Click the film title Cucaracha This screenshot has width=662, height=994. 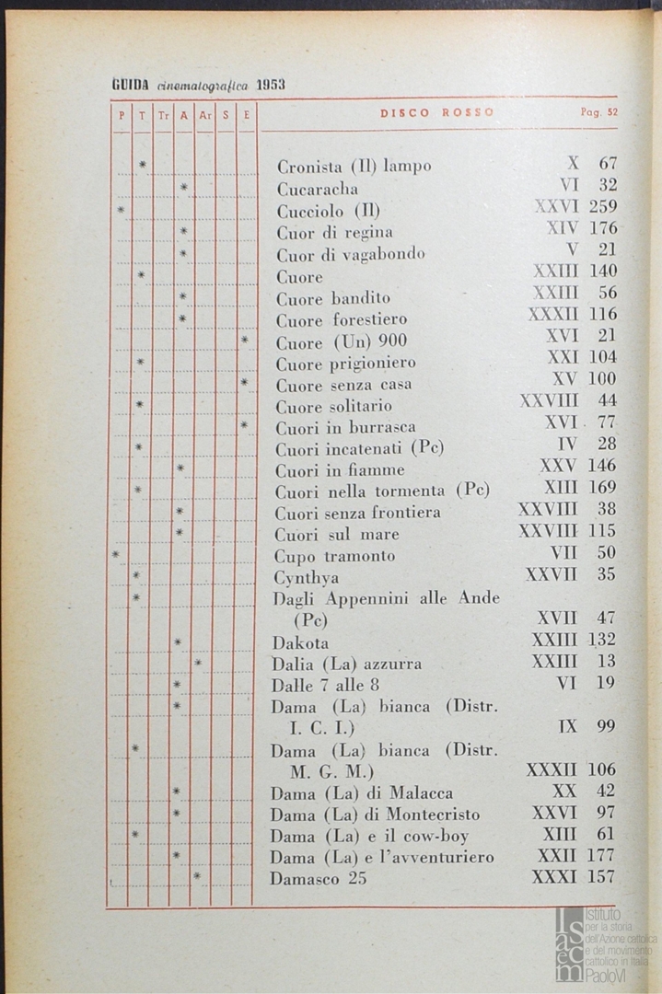coord(305,189)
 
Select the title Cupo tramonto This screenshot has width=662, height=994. coord(334,556)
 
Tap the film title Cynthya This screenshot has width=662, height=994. coord(306,578)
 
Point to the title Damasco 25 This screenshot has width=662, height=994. coord(318,879)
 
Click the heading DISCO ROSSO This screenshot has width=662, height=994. coord(437,112)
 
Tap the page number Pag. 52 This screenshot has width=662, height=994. coord(598,112)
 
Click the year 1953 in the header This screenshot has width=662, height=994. coord(271,84)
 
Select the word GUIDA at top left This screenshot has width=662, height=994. coord(131,84)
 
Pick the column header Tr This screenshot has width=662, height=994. coord(162,115)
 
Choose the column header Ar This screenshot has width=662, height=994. coord(204,115)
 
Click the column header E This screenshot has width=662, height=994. coord(246,115)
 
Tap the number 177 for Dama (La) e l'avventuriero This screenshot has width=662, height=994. coord(600,857)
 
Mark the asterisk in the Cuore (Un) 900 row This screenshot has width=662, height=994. coord(244,341)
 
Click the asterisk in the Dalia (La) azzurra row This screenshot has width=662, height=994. coord(198,663)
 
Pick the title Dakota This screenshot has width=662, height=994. coord(300,642)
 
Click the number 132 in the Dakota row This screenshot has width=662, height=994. coord(600,640)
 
